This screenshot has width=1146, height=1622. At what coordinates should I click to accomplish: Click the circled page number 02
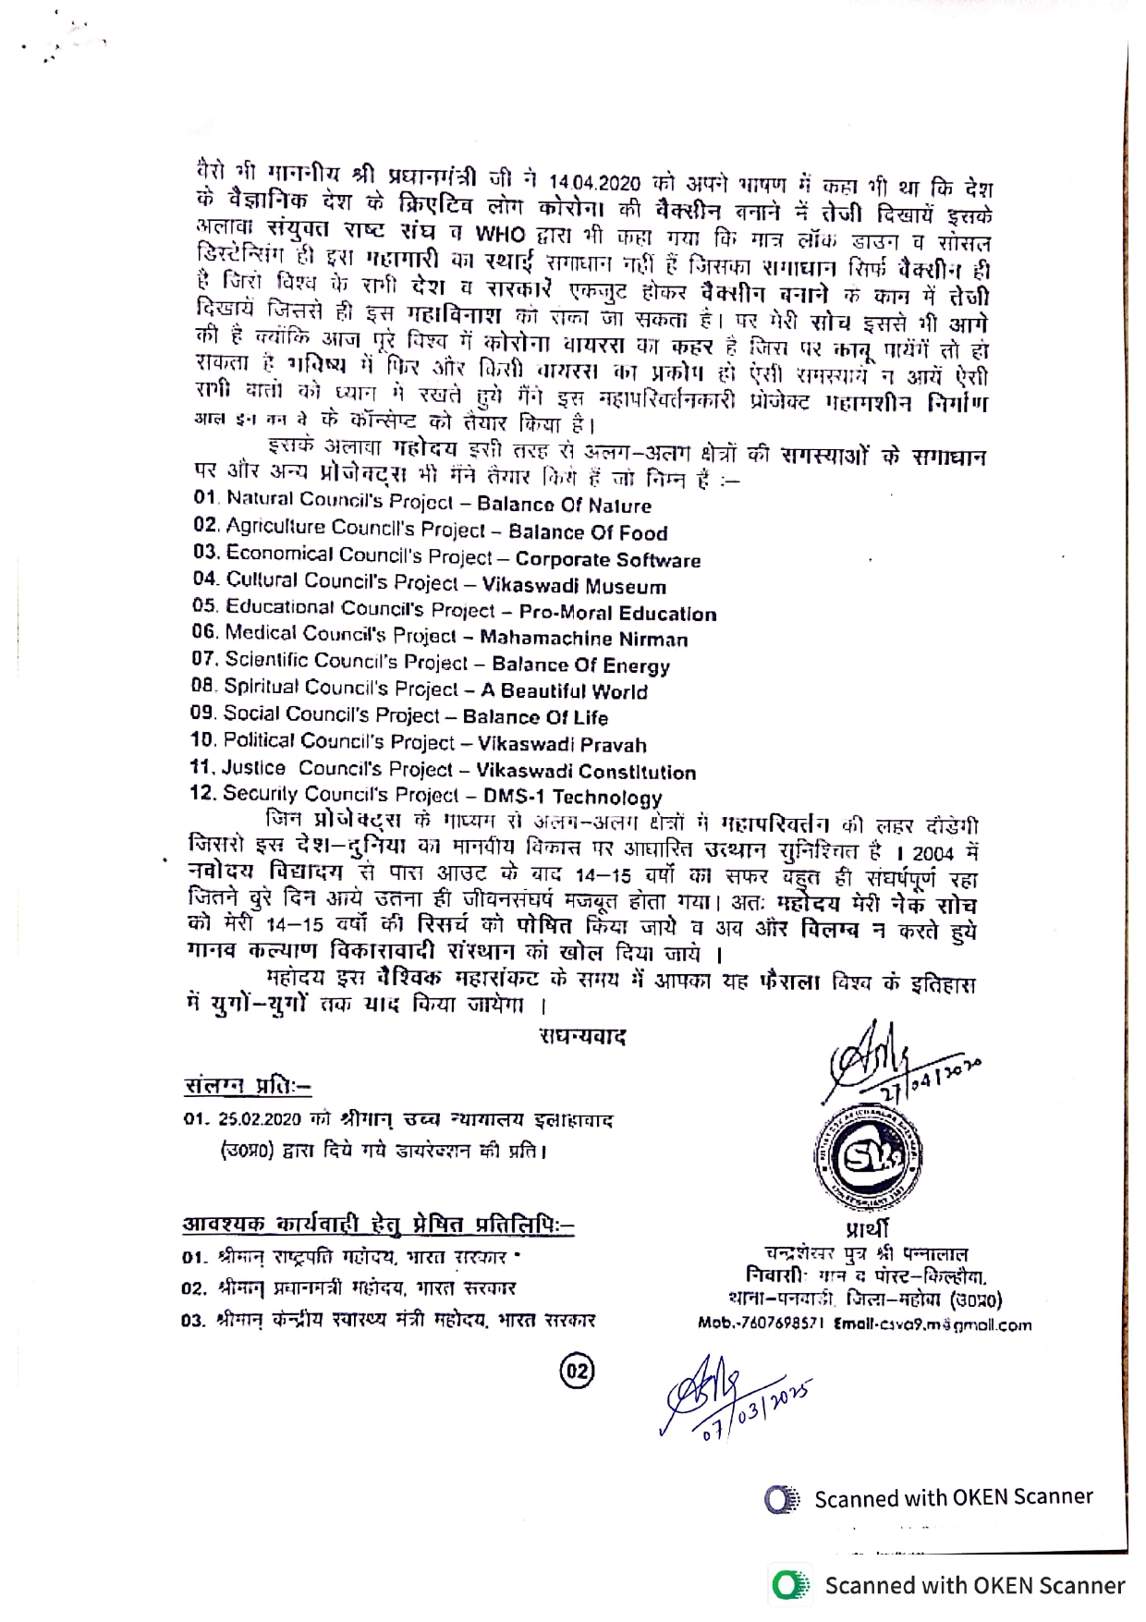point(578,1371)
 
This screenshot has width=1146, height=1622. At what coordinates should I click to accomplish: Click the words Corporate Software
point(608,560)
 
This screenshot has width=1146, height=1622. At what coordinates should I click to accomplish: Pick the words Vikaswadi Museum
point(574,587)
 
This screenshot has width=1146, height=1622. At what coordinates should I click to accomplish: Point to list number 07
point(204,659)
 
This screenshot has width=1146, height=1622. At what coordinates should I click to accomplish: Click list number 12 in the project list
point(202,793)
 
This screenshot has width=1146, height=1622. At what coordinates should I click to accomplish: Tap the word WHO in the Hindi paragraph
point(500,233)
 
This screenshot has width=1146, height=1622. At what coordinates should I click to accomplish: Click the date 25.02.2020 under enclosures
point(260,1119)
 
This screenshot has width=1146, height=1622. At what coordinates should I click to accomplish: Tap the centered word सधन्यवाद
point(583,1037)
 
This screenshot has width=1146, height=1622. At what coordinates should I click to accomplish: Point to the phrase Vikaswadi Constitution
point(586,772)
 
